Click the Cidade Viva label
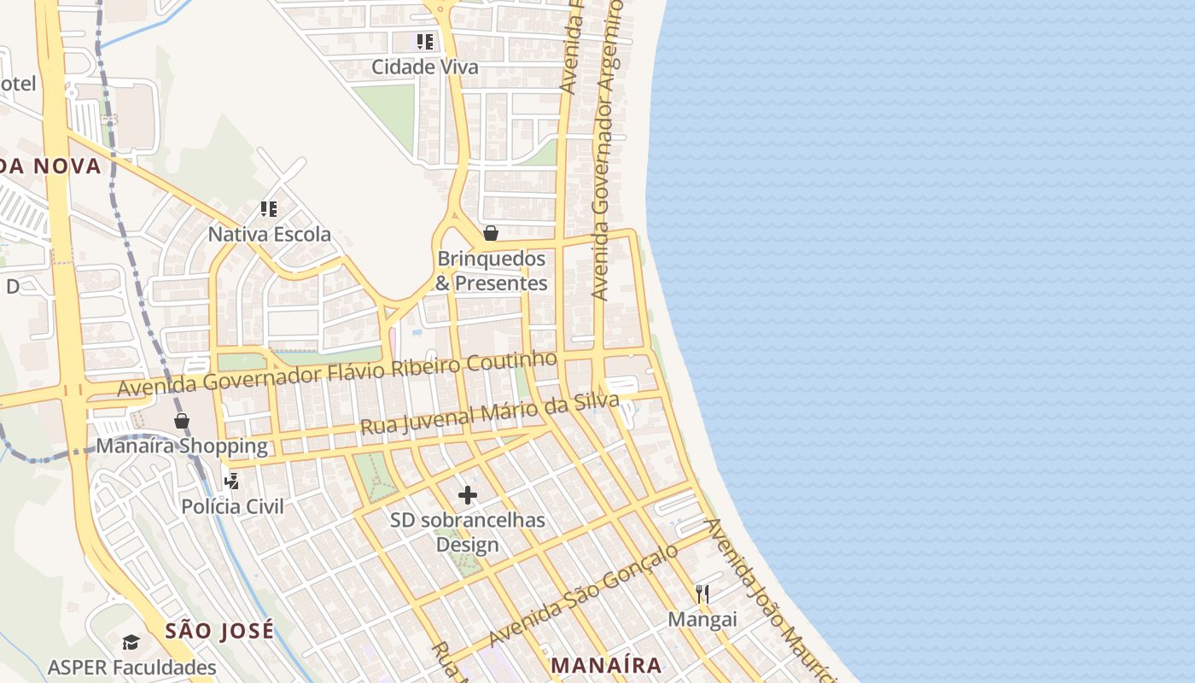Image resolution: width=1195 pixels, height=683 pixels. [424, 67]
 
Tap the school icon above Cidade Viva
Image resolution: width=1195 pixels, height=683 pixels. [424, 41]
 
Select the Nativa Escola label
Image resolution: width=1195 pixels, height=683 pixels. [270, 234]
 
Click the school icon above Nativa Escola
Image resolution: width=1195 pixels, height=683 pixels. [269, 208]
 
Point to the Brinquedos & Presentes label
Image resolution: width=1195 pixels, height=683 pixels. [491, 271]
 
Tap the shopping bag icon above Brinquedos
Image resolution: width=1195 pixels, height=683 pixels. [491, 232]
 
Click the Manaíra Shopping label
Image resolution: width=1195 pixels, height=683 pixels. [182, 446]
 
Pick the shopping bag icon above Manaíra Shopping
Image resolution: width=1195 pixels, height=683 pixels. [182, 420]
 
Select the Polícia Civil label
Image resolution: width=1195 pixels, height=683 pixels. [232, 506]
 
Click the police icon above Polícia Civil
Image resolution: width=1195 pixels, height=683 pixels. [231, 482]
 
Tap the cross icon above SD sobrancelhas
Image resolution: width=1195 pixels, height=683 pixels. [468, 494]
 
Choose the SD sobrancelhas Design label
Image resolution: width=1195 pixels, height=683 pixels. [468, 532]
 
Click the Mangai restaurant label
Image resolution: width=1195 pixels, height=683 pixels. [702, 619]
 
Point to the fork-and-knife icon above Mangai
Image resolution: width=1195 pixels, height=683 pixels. [702, 594]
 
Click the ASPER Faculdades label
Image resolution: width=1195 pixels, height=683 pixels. [132, 667]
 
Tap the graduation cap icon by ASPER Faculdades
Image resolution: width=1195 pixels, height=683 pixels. [131, 642]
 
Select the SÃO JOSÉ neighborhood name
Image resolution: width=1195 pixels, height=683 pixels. [220, 631]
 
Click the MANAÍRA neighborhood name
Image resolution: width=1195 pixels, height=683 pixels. [606, 665]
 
